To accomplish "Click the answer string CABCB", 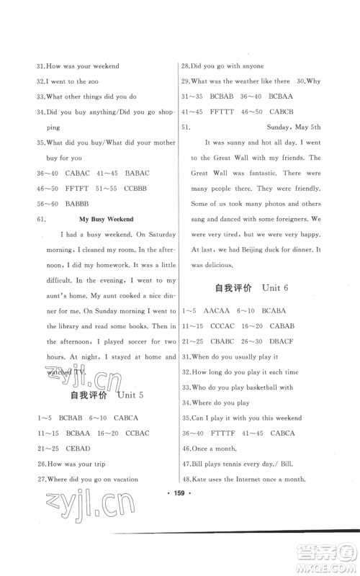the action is click(283, 112).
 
